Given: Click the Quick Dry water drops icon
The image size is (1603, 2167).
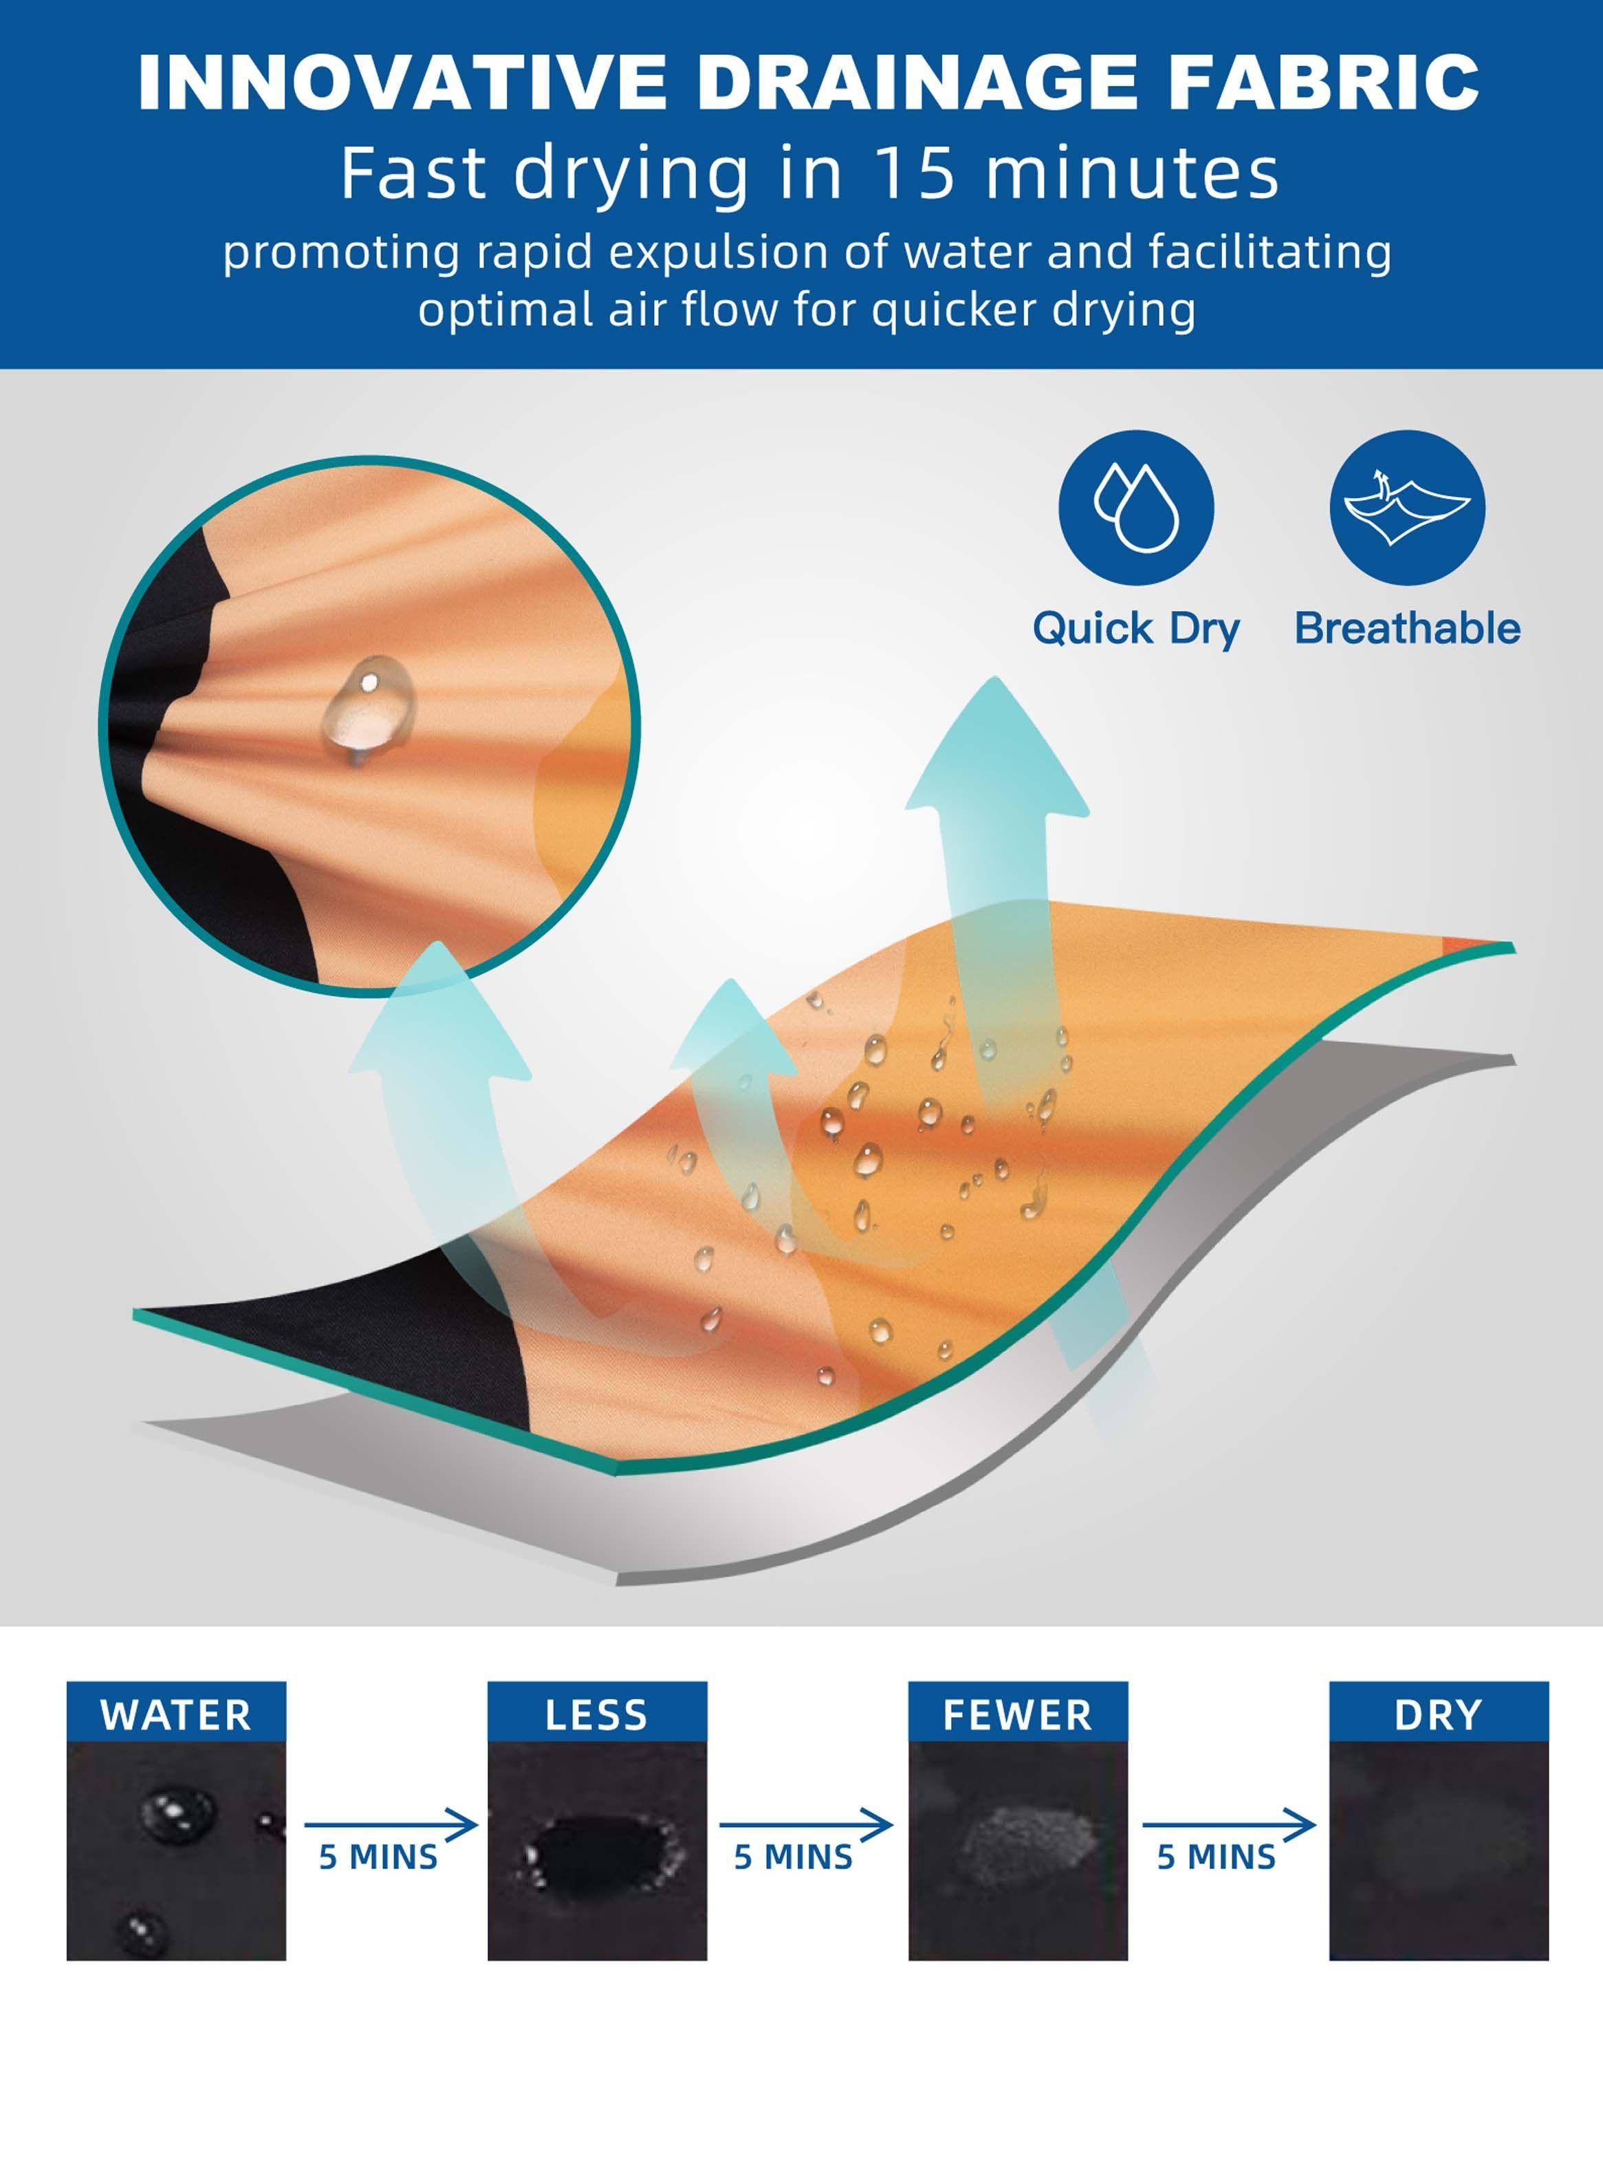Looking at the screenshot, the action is click(x=1135, y=508).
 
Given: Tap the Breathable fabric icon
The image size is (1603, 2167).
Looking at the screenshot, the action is click(x=1407, y=508).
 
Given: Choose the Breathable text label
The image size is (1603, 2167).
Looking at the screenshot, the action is click(x=1407, y=628).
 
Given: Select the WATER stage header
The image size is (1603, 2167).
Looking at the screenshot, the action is click(x=175, y=1715).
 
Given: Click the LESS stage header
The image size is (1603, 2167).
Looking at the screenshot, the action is click(x=597, y=1715).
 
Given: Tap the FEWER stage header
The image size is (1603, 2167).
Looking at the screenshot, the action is click(x=1018, y=1715).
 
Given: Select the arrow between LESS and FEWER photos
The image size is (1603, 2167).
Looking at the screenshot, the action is click(x=805, y=1825).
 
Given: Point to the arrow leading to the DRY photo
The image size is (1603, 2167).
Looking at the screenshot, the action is click(x=1228, y=1825).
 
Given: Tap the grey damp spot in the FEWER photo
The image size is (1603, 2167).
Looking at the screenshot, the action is click(x=1029, y=1842).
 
